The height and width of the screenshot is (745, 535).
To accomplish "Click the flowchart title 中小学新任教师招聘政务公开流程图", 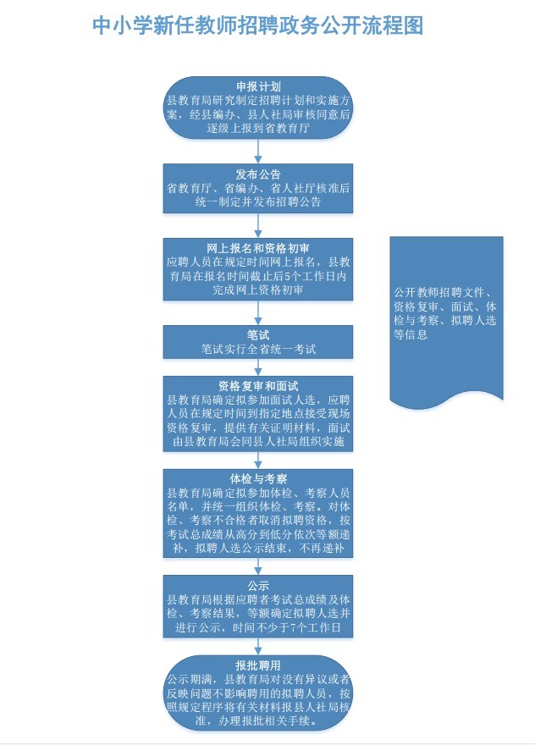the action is click(257, 25).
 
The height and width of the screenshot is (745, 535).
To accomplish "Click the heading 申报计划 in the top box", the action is click(258, 86).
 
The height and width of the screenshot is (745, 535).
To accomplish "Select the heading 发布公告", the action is click(258, 174).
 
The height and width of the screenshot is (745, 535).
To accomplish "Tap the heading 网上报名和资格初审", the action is click(258, 248).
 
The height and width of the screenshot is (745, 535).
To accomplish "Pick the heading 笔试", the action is click(258, 335).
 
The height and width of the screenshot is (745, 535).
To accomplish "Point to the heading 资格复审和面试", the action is click(258, 386).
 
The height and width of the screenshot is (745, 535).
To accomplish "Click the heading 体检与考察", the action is click(258, 479).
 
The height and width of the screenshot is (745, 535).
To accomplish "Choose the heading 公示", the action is click(258, 585).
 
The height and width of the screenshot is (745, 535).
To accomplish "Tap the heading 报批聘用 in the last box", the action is click(258, 665).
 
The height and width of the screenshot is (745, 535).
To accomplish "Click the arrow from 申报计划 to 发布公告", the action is click(258, 152).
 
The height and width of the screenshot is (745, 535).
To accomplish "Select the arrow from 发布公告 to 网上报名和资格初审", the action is click(258, 226).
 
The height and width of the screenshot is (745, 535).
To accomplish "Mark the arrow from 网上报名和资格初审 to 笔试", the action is click(258, 313).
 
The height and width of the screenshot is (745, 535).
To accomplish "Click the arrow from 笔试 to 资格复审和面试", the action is click(258, 367).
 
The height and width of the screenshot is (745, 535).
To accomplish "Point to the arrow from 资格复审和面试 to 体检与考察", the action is click(258, 461).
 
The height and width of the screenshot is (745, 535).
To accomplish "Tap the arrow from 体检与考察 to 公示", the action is click(258, 566).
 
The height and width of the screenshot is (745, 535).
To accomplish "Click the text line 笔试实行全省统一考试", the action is click(258, 349).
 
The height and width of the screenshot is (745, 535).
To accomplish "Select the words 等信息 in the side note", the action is click(411, 334).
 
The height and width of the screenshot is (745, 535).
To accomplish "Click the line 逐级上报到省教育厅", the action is click(258, 128).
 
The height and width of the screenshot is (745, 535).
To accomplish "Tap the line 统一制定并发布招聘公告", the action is click(258, 201).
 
